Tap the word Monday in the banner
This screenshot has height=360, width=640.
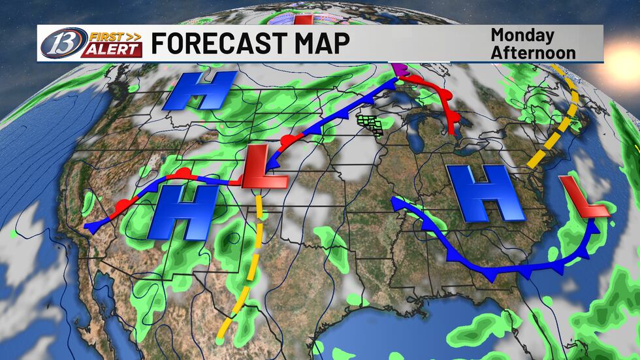coord(522,35)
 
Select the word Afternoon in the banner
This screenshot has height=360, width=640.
coord(533,52)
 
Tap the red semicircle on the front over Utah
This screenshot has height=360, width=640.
coord(185,172)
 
